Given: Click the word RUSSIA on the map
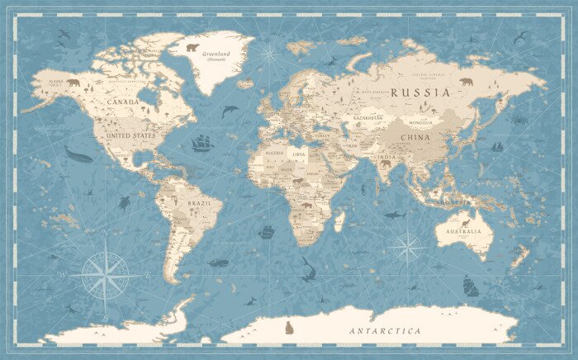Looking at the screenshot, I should [x=420, y=92].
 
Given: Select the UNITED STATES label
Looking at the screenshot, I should [x=126, y=135].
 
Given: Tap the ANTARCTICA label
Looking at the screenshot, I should [x=385, y=330].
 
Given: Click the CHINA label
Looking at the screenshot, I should [x=415, y=137].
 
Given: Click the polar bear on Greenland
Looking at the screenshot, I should [x=192, y=47].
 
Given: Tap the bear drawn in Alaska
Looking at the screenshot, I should [x=73, y=83].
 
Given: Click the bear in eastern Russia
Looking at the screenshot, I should [x=467, y=82].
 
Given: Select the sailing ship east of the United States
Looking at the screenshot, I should [x=202, y=144].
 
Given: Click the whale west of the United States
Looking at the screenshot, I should [x=78, y=154].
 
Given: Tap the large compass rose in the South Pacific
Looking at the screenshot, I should [x=105, y=275].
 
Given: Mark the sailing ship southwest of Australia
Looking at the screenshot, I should [x=470, y=287].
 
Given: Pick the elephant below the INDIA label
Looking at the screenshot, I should [x=385, y=163].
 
